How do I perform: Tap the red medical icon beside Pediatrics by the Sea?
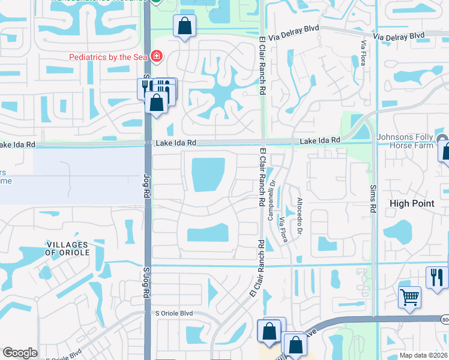[x=157, y=56]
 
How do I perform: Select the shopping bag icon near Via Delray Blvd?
[x=184, y=26]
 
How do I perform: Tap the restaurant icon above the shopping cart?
[x=436, y=277]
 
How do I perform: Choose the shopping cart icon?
[x=409, y=297]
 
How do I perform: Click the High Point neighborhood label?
[x=412, y=203]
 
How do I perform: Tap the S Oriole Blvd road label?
[x=174, y=313]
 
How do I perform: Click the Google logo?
[x=20, y=353]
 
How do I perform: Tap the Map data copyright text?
[x=424, y=355]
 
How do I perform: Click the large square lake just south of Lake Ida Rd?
[x=208, y=175]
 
